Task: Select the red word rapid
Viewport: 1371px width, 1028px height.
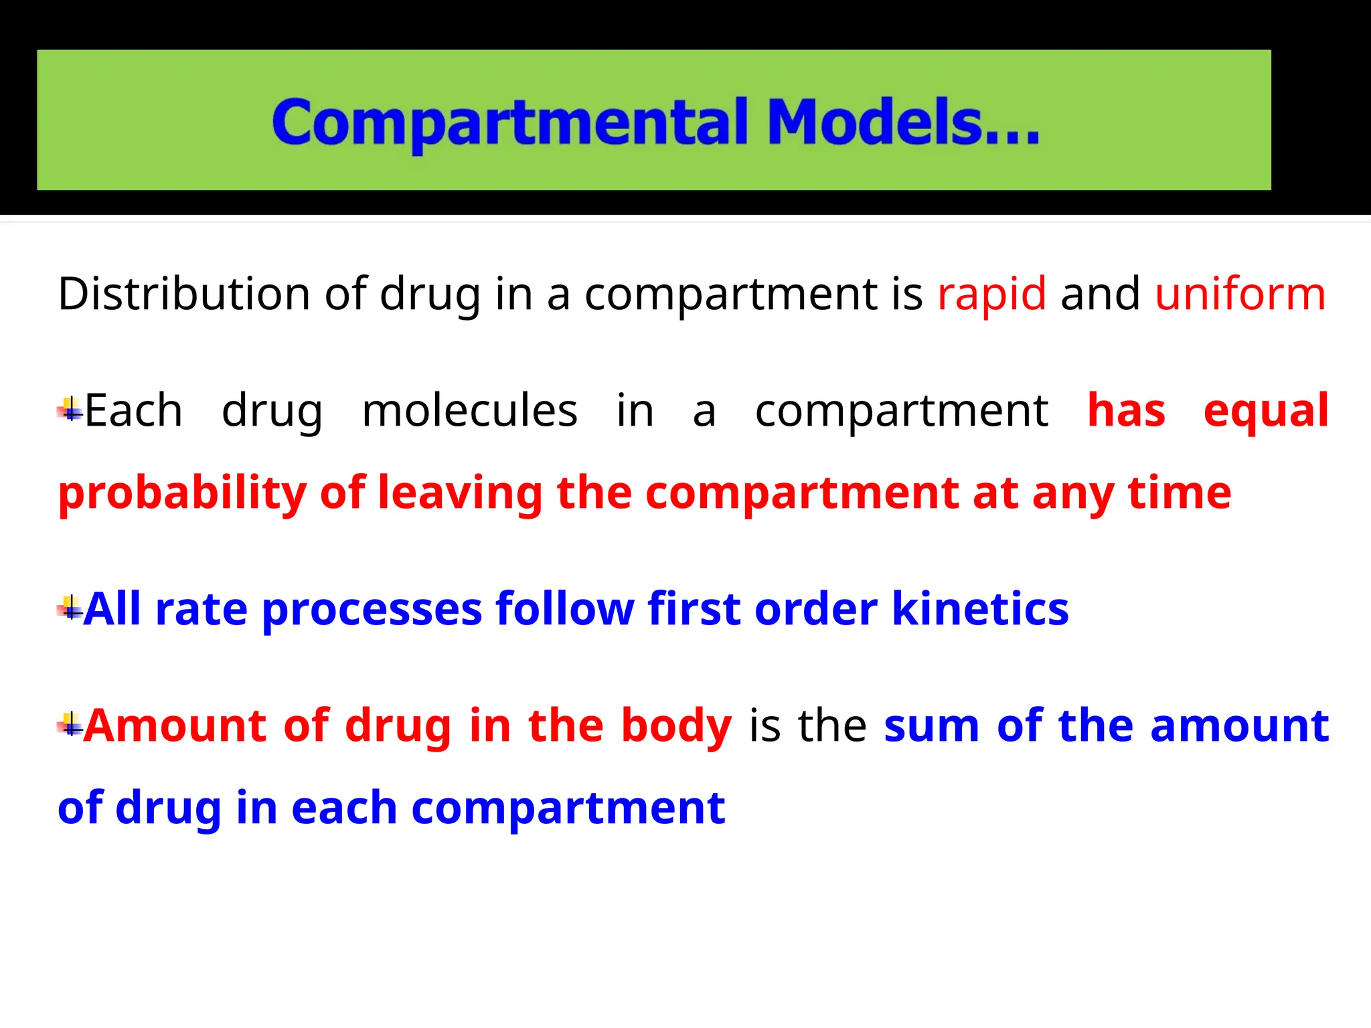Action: point(991,294)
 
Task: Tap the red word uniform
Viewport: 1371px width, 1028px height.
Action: point(1240,294)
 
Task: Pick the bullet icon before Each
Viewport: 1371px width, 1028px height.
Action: point(70,409)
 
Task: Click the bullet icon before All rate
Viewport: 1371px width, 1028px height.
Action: point(70,608)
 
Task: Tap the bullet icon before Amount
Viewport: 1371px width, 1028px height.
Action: point(70,724)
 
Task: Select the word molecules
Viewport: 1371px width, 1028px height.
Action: point(469,410)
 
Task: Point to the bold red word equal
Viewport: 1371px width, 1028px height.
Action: point(1265,412)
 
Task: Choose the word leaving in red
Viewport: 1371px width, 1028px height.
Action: point(461,494)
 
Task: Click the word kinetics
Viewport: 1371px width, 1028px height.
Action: point(980,609)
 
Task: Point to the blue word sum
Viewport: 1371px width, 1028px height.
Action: point(931,727)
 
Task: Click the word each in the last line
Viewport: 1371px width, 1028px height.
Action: point(344,808)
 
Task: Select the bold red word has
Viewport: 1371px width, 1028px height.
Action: point(1126,410)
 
